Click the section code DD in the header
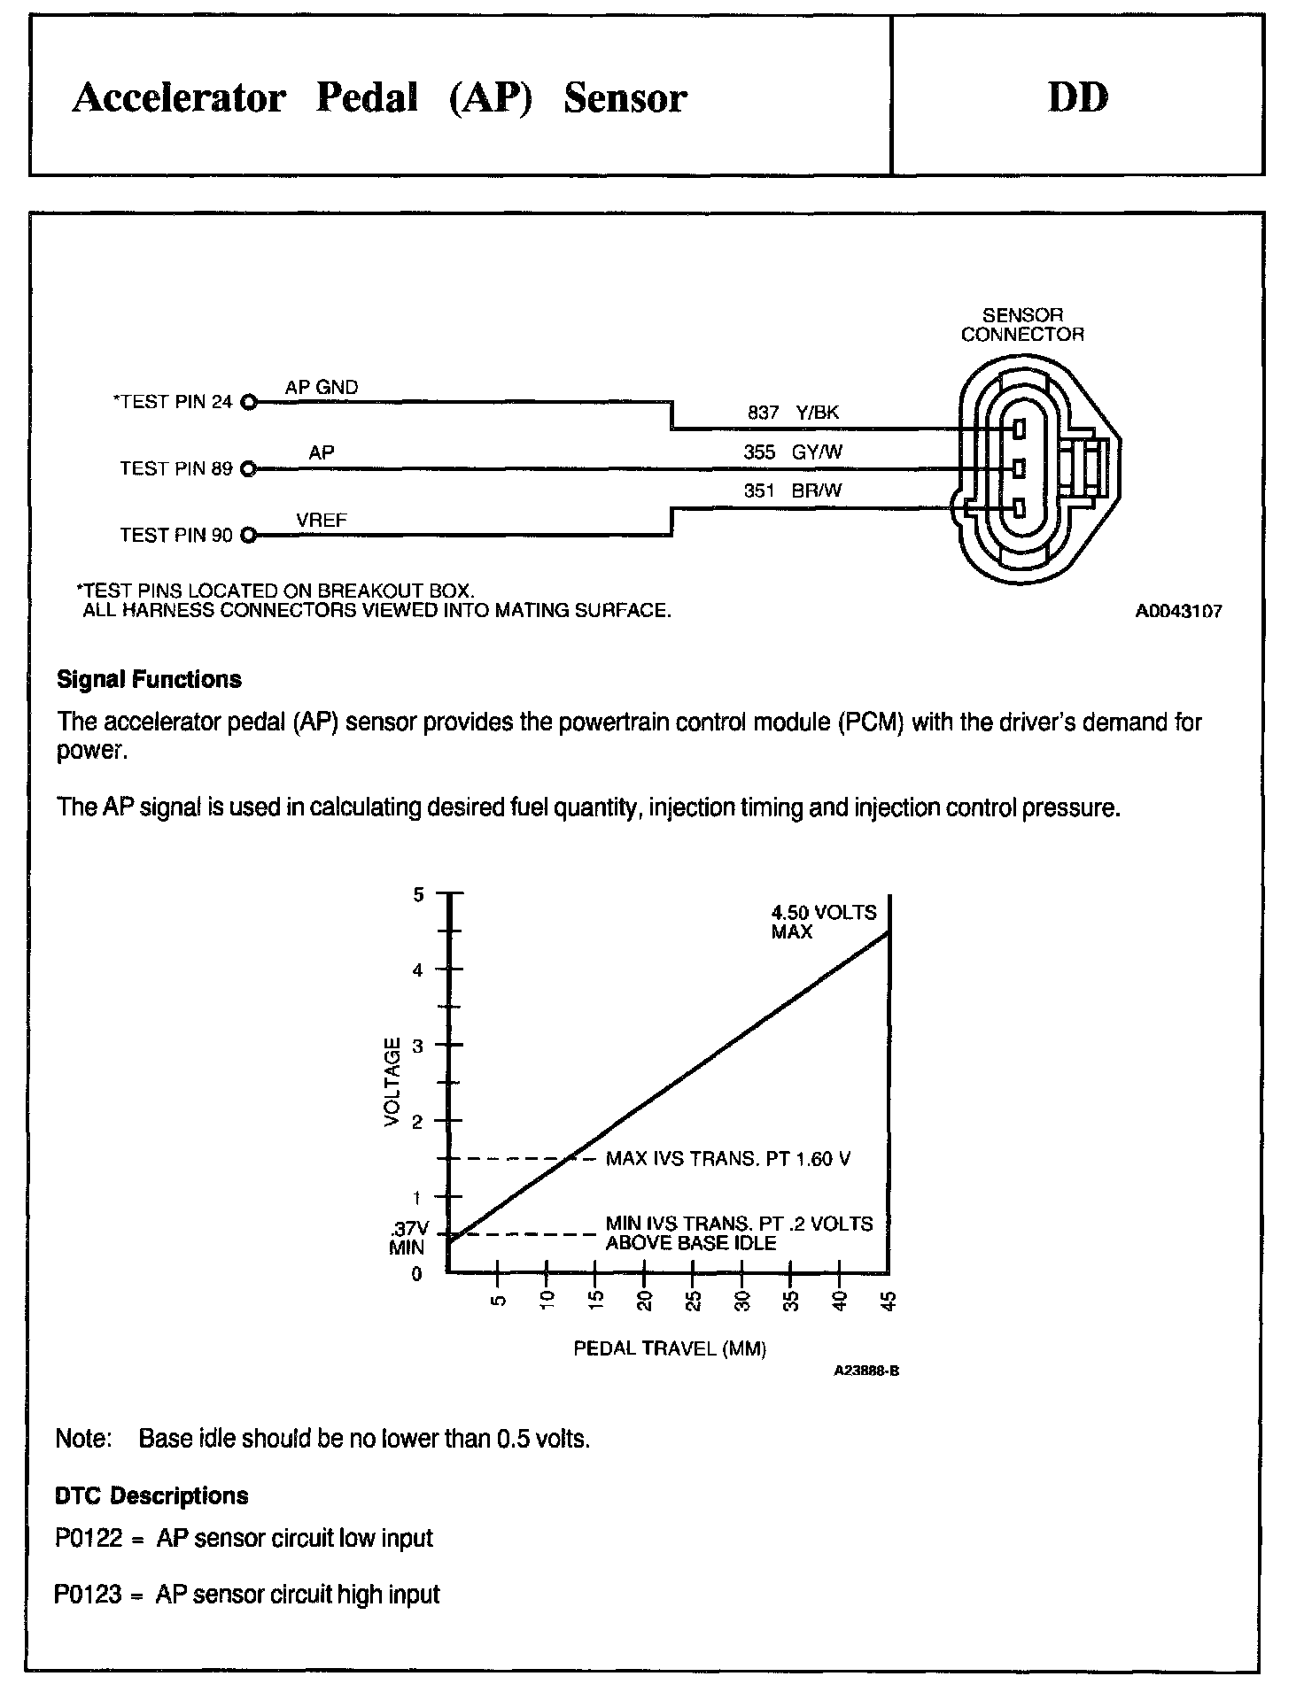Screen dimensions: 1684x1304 [1078, 97]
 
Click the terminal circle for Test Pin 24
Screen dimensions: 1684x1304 [248, 403]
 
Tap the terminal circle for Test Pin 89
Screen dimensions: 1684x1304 [248, 469]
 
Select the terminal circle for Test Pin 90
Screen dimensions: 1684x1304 [248, 536]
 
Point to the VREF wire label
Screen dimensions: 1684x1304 [322, 521]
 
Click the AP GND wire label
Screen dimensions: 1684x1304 [322, 388]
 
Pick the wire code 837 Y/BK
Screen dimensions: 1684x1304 [793, 413]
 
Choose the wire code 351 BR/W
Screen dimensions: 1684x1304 [793, 491]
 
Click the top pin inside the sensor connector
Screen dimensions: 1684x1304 [1019, 429]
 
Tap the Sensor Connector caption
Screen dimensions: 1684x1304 [1022, 325]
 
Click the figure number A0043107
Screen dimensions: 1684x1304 [1178, 612]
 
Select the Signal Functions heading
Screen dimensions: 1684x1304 [149, 680]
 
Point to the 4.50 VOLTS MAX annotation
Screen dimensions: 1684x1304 [823, 922]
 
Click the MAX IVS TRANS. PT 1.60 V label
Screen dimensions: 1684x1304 [728, 1159]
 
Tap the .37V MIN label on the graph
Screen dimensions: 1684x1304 [408, 1239]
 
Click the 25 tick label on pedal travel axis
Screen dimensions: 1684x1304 [694, 1301]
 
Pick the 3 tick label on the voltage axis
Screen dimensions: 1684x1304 [419, 1046]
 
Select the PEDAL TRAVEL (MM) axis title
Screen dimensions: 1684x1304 [670, 1349]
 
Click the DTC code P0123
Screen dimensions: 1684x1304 [88, 1595]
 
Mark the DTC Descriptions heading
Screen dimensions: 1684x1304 [151, 1496]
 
